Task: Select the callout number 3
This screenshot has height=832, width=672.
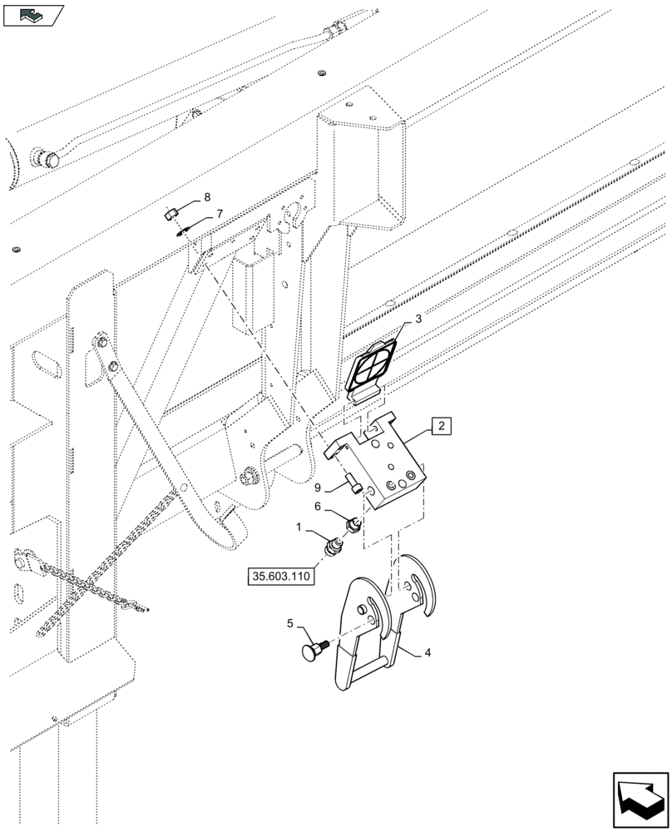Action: (418, 319)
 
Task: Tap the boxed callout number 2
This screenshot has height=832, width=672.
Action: (441, 428)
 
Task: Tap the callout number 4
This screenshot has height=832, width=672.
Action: (427, 653)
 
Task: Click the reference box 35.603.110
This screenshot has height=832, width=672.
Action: (281, 576)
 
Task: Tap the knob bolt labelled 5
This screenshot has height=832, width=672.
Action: (314, 651)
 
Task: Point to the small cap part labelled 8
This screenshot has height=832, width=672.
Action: (170, 215)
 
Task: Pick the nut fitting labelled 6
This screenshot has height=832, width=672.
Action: (350, 525)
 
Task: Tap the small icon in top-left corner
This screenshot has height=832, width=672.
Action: (33, 14)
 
